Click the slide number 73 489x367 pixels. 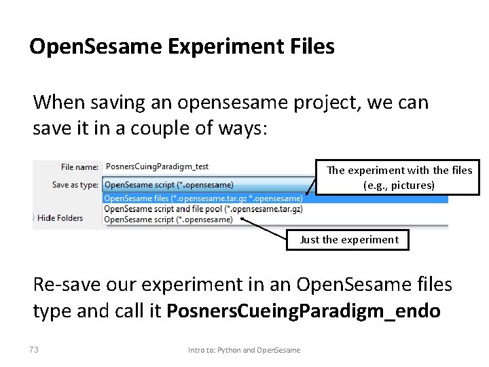pos(34,350)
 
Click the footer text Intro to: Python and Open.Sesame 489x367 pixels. pos(244,350)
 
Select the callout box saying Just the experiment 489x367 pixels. pos(348,239)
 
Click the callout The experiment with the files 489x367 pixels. pos(399,171)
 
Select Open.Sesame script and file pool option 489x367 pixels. pos(203,209)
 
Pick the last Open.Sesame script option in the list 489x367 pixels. pos(168,219)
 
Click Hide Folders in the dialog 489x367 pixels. pos(60,218)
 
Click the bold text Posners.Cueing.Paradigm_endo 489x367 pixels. pos(304,311)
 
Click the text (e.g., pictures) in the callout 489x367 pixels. pos(398,185)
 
